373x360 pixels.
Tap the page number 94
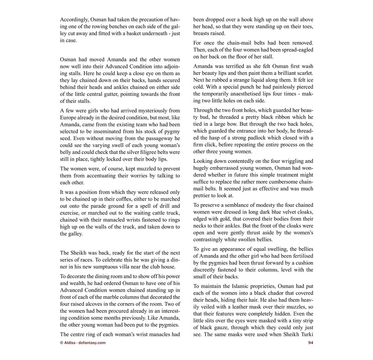pos(310,343)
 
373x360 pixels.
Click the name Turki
pos(306,335)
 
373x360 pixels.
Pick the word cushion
pos(302,263)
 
